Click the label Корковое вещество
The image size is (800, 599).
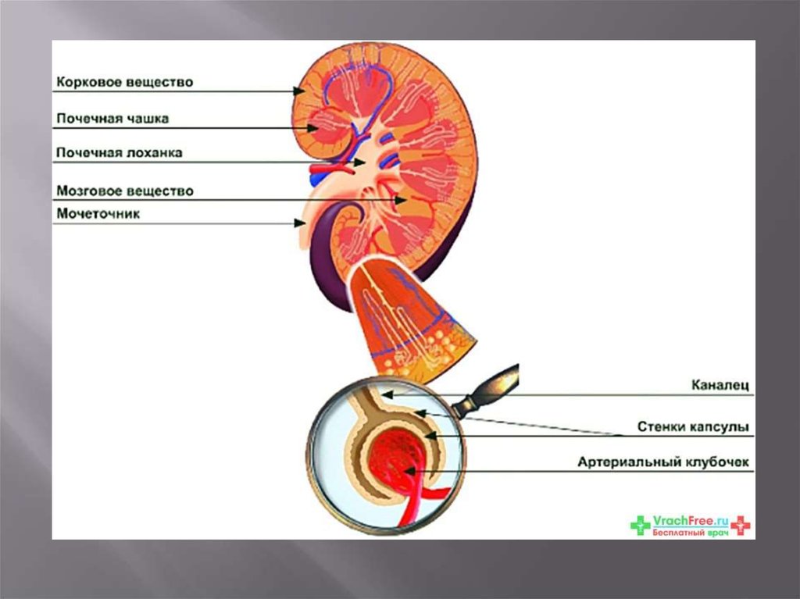pyautogui.click(x=124, y=82)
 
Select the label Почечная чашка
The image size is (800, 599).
pyautogui.click(x=112, y=119)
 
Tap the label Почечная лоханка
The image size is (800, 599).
pyautogui.click(x=119, y=153)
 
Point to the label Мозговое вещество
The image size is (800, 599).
pyautogui.click(x=124, y=191)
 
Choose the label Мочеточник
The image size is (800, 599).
pyautogui.click(x=98, y=213)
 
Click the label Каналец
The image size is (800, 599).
pyautogui.click(x=720, y=385)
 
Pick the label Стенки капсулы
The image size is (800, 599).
pyautogui.click(x=693, y=427)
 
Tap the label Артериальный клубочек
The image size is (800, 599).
pyautogui.click(x=663, y=462)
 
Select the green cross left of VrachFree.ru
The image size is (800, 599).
pyautogui.click(x=641, y=526)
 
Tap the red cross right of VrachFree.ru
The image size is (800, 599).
pyautogui.click(x=739, y=526)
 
